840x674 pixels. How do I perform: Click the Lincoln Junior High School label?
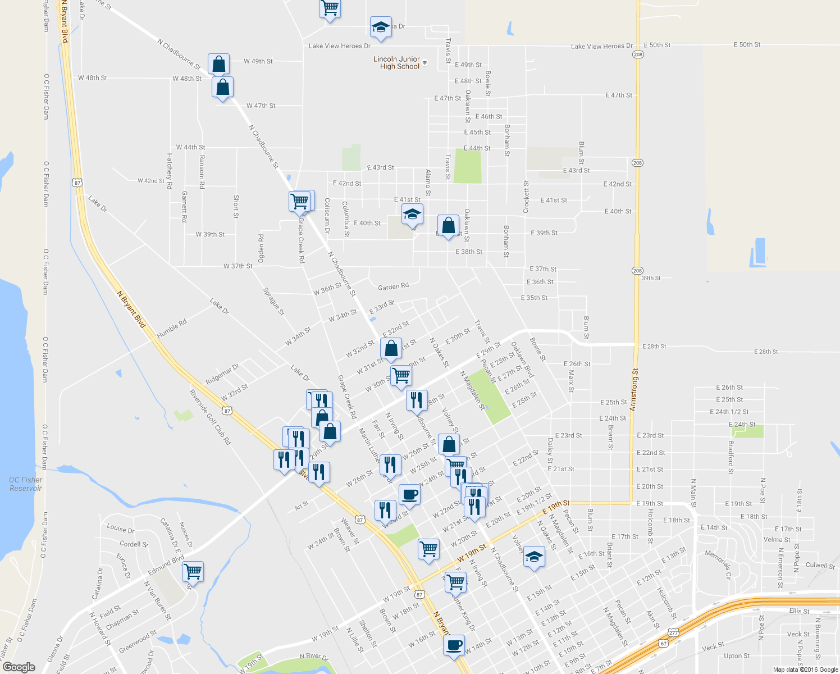[x=396, y=63]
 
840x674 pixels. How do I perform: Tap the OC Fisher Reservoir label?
[x=25, y=484]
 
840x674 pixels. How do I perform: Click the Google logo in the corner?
[x=19, y=667]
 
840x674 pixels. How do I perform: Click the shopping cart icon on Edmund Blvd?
[x=193, y=572]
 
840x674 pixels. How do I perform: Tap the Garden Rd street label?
[x=393, y=286]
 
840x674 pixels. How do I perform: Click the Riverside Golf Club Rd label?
[x=210, y=417]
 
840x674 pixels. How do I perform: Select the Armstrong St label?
[x=635, y=390]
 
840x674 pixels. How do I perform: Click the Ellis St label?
[x=798, y=611]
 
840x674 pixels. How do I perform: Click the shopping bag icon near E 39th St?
[x=448, y=226]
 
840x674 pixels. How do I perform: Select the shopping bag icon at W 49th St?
[x=218, y=64]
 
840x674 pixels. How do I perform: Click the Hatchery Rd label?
[x=169, y=171]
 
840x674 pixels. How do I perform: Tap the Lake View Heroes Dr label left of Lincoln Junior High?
[x=339, y=46]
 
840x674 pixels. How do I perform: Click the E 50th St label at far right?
[x=747, y=44]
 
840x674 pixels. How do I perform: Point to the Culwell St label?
[x=820, y=566]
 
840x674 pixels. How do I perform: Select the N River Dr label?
[x=314, y=656]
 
